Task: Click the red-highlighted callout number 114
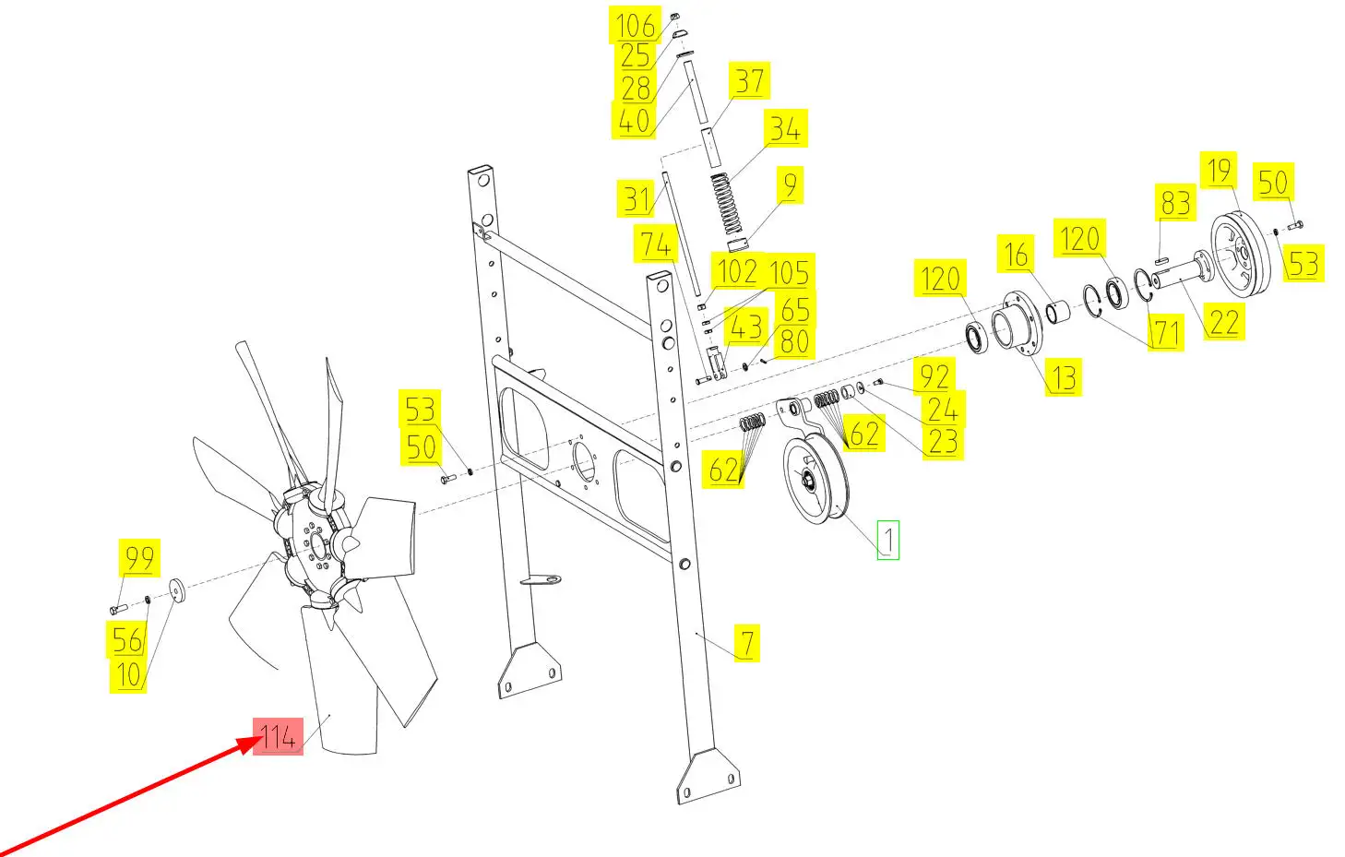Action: click(278, 736)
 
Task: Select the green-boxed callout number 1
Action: click(888, 540)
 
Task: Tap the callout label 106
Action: click(635, 25)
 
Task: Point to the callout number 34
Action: click(785, 128)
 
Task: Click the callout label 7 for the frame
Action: click(747, 643)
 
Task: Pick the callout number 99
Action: click(139, 558)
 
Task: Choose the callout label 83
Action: click(1175, 202)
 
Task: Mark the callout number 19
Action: click(1219, 171)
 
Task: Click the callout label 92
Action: click(934, 376)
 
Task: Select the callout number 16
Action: click(1016, 254)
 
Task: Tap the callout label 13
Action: click(1064, 377)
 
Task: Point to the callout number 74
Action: click(655, 244)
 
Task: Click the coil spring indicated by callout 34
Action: click(727, 204)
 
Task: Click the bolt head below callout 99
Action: click(118, 609)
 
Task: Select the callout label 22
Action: click(1224, 321)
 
